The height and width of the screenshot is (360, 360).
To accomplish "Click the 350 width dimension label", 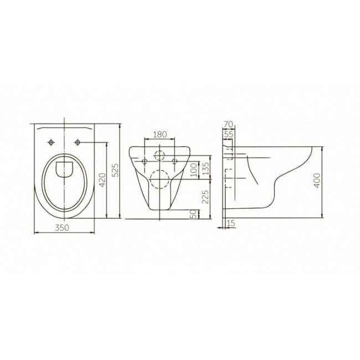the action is pos(62,228).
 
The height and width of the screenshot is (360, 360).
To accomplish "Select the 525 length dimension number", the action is pos(116,170).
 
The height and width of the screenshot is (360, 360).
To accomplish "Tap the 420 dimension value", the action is pos(102,180).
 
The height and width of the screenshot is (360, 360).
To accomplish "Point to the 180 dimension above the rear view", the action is pos(160,135).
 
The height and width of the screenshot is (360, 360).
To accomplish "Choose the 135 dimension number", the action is pos(205,169).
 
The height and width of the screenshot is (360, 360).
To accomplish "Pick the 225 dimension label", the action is pos(205,197).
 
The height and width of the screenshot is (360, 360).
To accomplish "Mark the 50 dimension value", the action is pos(193,214).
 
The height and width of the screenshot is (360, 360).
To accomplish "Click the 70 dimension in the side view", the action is pos(228,125).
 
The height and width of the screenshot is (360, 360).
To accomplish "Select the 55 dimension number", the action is pos(229,135).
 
